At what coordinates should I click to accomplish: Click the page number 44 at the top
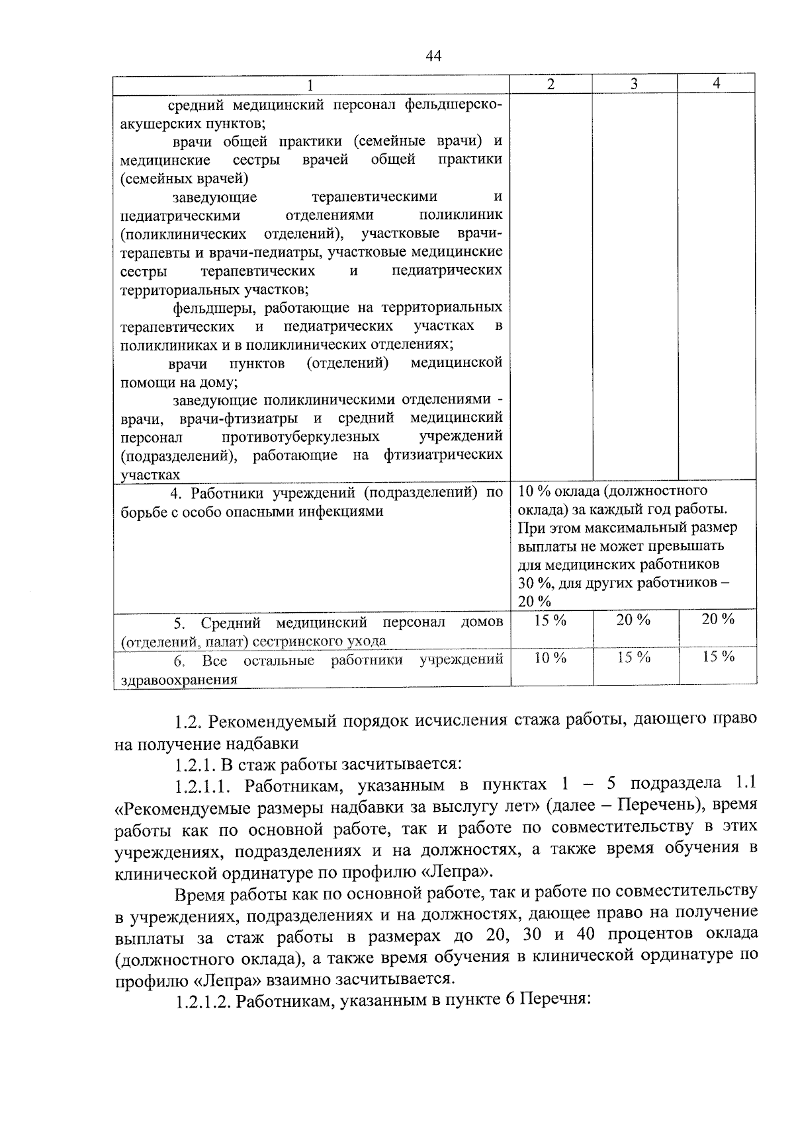coord(433,56)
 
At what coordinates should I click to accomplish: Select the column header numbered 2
coord(551,83)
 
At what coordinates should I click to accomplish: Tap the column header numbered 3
coord(634,83)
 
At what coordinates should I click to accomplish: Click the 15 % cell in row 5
coord(551,620)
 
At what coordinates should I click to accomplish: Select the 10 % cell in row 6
coord(551,658)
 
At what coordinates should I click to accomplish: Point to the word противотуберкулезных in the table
coord(301,437)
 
